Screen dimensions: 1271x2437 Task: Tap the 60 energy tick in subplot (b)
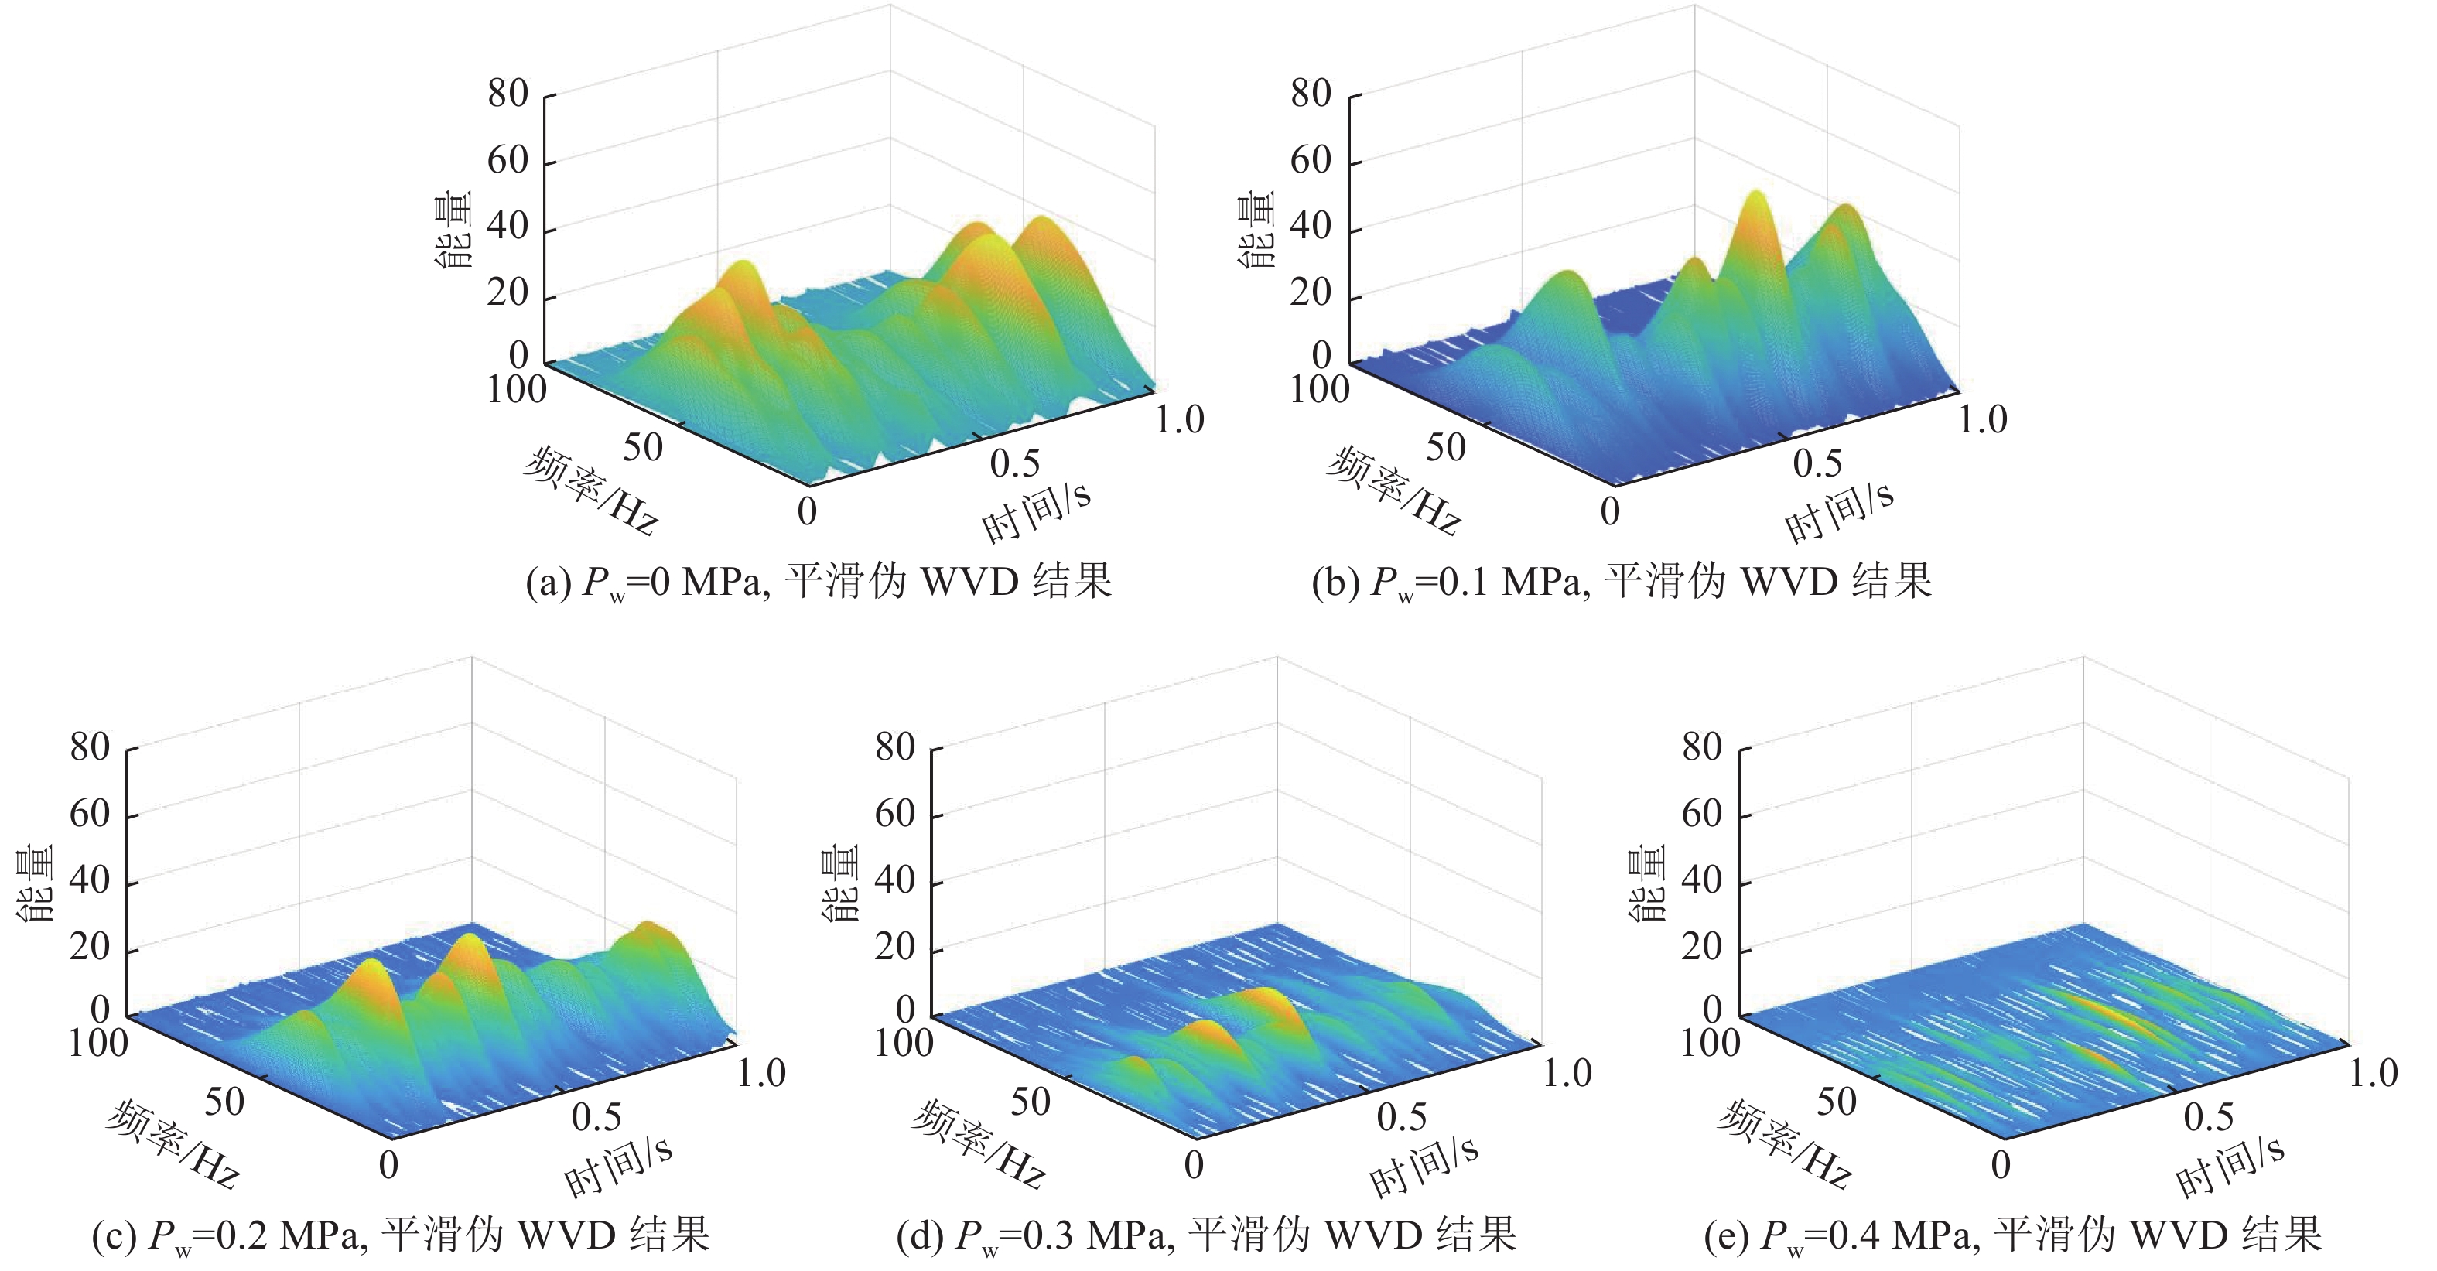pos(1311,160)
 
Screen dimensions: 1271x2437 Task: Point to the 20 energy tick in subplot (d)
pos(894,947)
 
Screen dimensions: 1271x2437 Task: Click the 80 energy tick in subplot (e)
pos(1701,747)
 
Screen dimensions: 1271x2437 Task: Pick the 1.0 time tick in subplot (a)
pos(1179,420)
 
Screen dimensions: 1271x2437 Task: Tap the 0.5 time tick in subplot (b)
pos(1817,463)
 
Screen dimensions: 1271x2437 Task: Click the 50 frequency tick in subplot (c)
pos(224,1102)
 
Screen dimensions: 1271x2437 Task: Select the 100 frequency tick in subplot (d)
pos(904,1043)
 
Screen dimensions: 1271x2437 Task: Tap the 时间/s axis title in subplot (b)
pos(1838,511)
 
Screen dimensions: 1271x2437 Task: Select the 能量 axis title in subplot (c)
pos(36,884)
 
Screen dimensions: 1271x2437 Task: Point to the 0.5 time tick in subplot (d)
pos(1401,1118)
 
